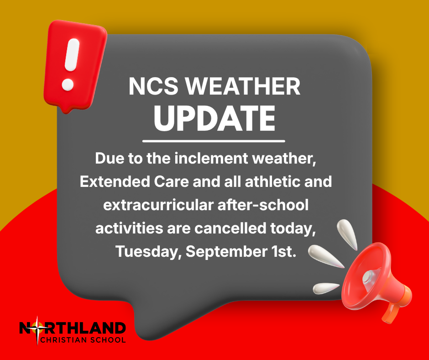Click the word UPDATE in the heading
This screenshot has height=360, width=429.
coord(214,118)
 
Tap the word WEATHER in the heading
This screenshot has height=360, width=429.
coord(243,86)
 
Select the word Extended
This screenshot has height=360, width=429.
coord(115,182)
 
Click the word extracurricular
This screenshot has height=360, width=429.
coord(158,205)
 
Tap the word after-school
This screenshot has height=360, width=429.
coord(263,205)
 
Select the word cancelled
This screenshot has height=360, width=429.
coord(230,228)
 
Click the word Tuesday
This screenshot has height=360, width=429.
coord(147,252)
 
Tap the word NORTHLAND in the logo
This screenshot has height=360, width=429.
coord(73,328)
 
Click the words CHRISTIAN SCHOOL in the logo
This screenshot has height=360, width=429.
coord(83,340)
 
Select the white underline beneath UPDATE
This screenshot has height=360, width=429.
coord(214,141)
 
